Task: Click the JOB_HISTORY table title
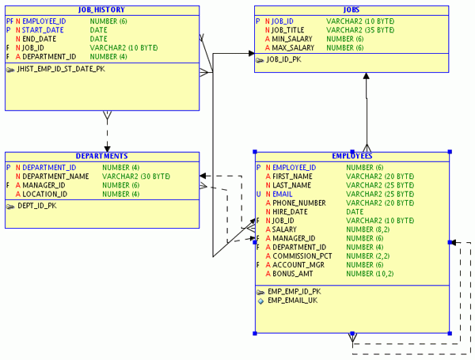pos(102,10)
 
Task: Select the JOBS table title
pos(363,10)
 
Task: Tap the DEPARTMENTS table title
pos(101,157)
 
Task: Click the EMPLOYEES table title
pos(352,157)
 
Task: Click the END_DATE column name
pos(40,39)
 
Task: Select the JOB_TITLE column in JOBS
pos(285,30)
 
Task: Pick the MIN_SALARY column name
pos(290,39)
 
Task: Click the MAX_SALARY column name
pos(291,48)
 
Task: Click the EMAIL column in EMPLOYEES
pos(283,194)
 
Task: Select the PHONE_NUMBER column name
pos(299,203)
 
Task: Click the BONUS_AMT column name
pos(293,274)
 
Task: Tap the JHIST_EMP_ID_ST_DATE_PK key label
pos(66,70)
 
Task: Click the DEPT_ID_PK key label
pos(36,206)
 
